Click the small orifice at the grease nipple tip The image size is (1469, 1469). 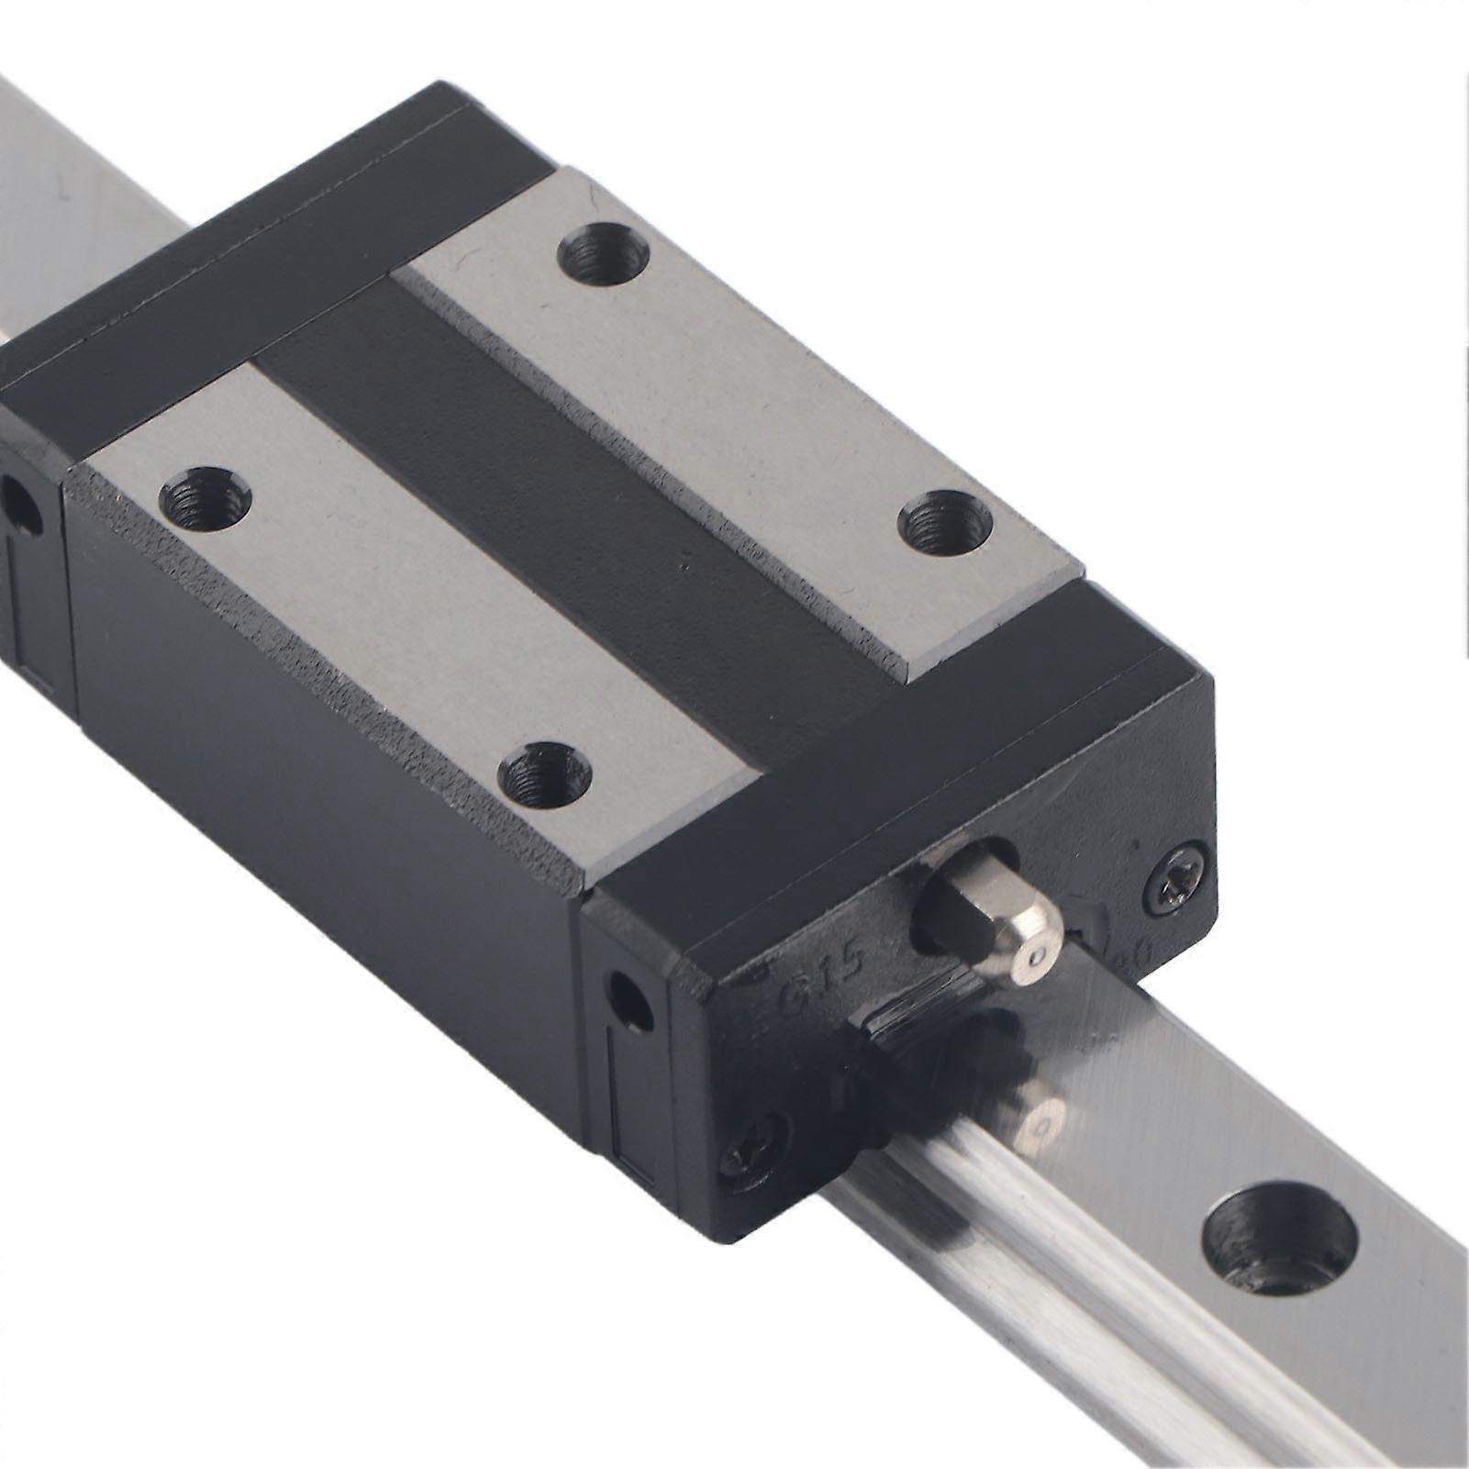pos(1037,958)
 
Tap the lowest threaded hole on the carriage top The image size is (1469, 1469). pos(544,771)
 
